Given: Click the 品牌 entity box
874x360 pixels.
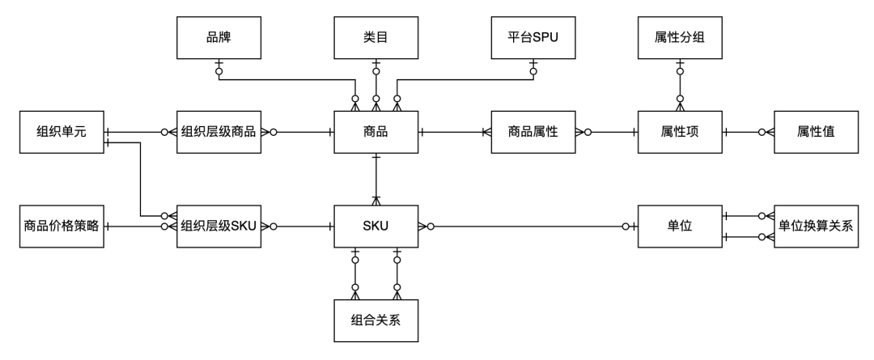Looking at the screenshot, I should click(218, 37).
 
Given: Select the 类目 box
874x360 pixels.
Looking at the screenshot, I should click(375, 37).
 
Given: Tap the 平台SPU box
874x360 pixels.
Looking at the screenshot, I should click(533, 37).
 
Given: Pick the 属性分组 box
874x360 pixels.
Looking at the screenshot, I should click(680, 37).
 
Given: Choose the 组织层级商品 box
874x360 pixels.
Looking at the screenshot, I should click(218, 132).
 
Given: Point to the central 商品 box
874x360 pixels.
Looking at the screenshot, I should click(375, 132).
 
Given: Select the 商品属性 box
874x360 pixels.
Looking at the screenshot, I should click(533, 132).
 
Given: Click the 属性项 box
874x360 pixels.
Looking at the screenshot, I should click(680, 132).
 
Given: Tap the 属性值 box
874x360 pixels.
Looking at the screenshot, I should click(816, 132).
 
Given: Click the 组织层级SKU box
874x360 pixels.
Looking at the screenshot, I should click(218, 227).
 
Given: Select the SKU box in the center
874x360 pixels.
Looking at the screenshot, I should click(375, 227).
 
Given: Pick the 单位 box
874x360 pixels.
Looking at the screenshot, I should click(680, 227).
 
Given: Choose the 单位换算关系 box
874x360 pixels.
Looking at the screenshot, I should click(816, 227).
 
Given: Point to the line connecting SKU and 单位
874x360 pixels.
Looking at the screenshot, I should click(526, 227).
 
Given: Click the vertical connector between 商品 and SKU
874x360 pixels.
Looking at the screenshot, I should click(375, 179).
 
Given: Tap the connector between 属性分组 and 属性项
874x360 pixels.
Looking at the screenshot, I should click(680, 84).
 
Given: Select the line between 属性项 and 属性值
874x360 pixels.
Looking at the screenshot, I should click(748, 132).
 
